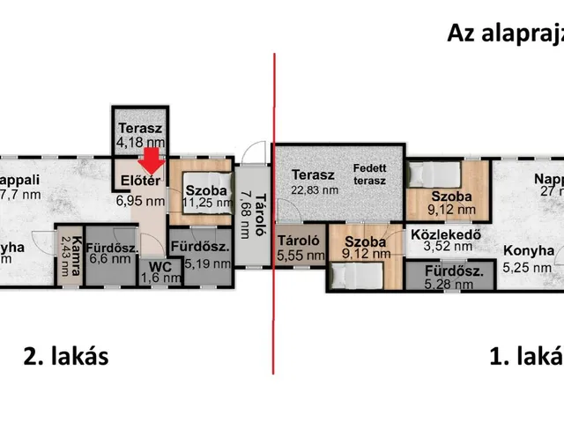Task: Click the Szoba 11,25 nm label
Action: tap(204, 196)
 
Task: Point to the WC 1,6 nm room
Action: tap(160, 271)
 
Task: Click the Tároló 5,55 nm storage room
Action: tap(301, 247)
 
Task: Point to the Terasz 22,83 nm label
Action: tap(315, 182)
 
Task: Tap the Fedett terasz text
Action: tap(370, 174)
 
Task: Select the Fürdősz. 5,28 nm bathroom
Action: tap(452, 278)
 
